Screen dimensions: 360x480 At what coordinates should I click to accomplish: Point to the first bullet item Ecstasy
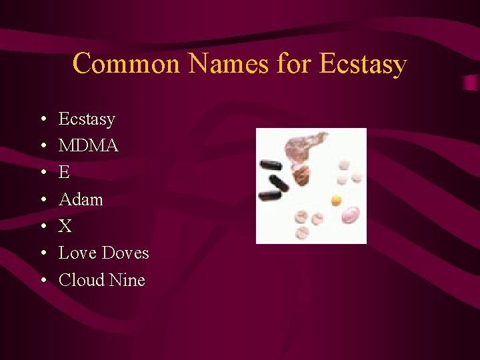click(87, 119)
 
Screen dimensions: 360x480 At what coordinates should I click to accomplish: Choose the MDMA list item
click(88, 146)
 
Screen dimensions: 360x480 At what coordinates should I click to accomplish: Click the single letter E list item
click(64, 173)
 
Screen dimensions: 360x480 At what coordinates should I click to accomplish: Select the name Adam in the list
click(81, 199)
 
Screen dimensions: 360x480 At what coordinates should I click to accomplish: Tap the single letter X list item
click(65, 227)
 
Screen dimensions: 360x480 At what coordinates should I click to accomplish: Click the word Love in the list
click(75, 253)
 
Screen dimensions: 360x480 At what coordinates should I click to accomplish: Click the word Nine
click(127, 280)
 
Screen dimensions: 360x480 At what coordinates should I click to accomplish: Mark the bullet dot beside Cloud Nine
click(43, 281)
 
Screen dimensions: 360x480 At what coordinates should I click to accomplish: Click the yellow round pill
click(336, 199)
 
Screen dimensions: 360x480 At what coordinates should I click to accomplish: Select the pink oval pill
click(351, 215)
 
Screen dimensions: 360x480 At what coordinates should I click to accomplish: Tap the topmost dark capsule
click(271, 165)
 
